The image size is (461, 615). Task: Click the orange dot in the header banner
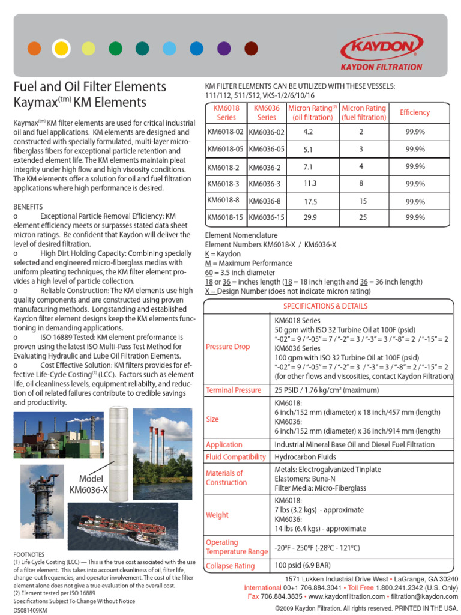point(34,48)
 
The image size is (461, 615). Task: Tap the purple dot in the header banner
point(224,48)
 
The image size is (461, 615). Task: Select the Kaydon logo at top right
point(381,50)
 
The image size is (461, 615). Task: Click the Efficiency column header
point(415,112)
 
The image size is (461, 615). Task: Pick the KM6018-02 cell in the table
point(225,131)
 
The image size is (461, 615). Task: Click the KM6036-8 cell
point(265,201)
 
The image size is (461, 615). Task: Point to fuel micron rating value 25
point(363,217)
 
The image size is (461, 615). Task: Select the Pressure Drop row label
point(227,347)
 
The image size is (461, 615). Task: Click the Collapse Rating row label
point(230,566)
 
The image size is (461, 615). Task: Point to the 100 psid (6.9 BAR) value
point(303,565)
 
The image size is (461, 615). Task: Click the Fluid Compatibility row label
point(235,457)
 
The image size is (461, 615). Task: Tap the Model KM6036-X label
point(89,484)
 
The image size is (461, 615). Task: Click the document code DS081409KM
point(30,610)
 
